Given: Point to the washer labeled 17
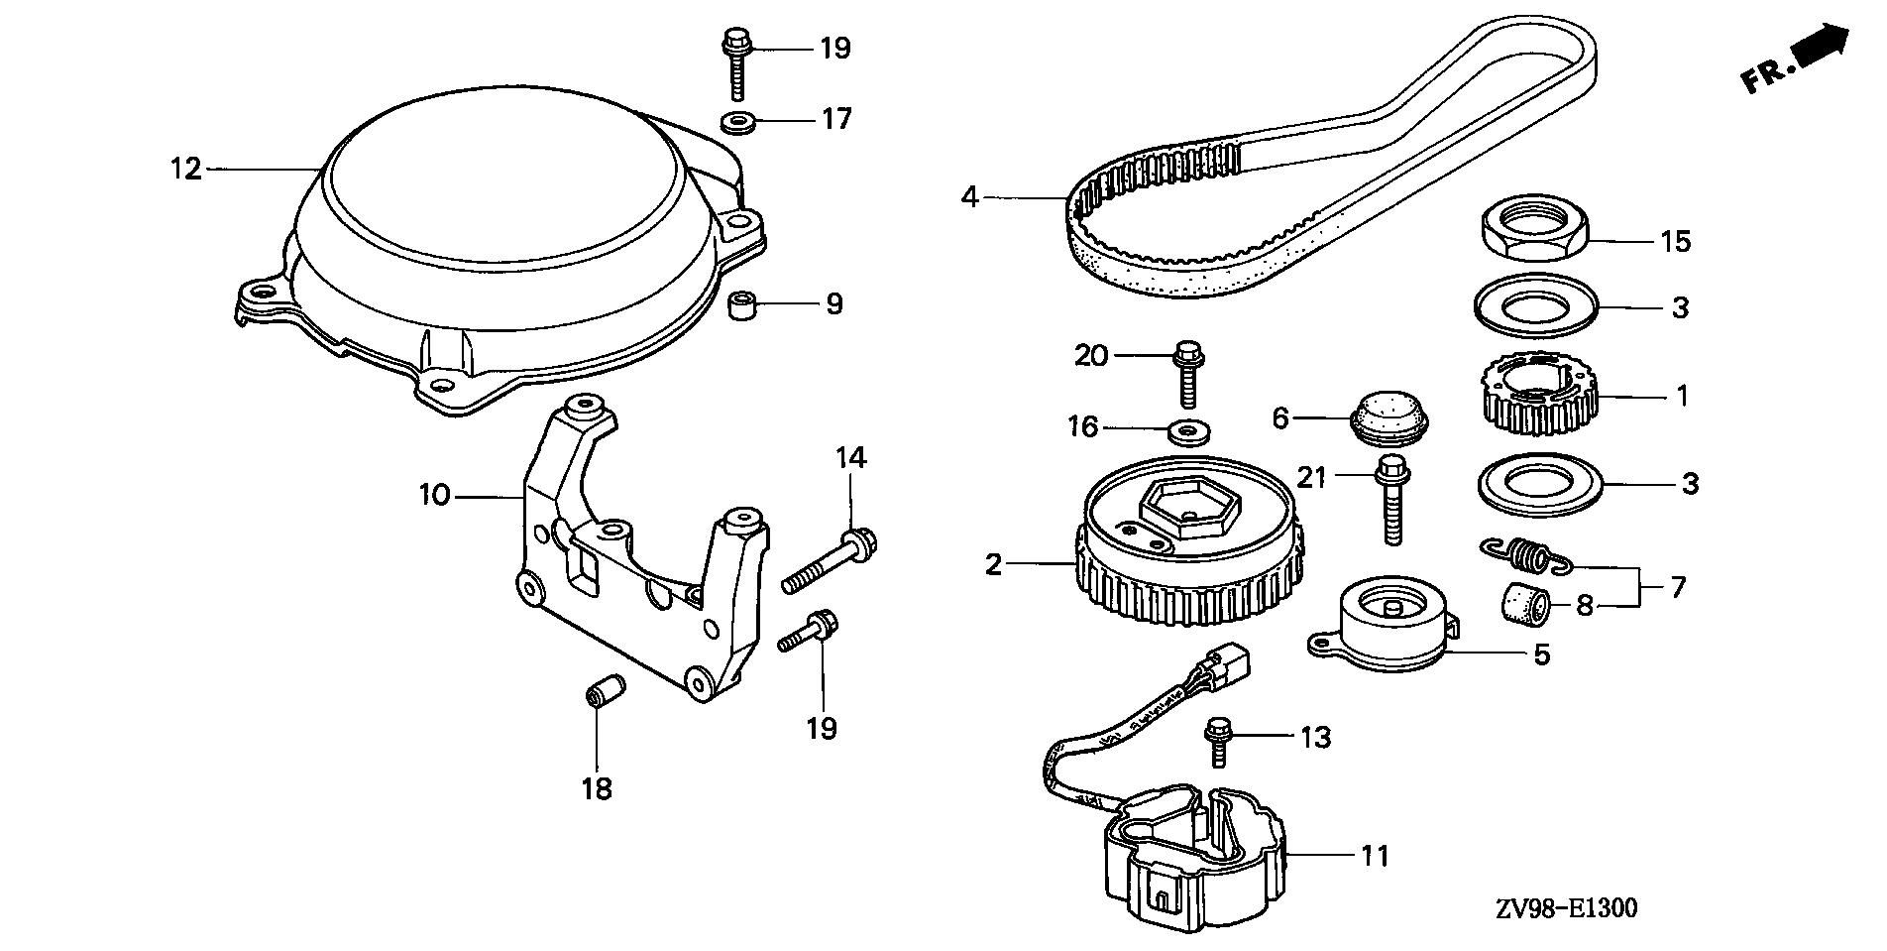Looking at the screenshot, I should point(736,123).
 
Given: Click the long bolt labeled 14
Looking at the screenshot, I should point(831,562).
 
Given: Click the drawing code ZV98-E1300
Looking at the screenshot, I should point(1559,908).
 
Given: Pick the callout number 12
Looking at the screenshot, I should point(185,170).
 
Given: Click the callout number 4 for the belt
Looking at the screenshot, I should point(970,198).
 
